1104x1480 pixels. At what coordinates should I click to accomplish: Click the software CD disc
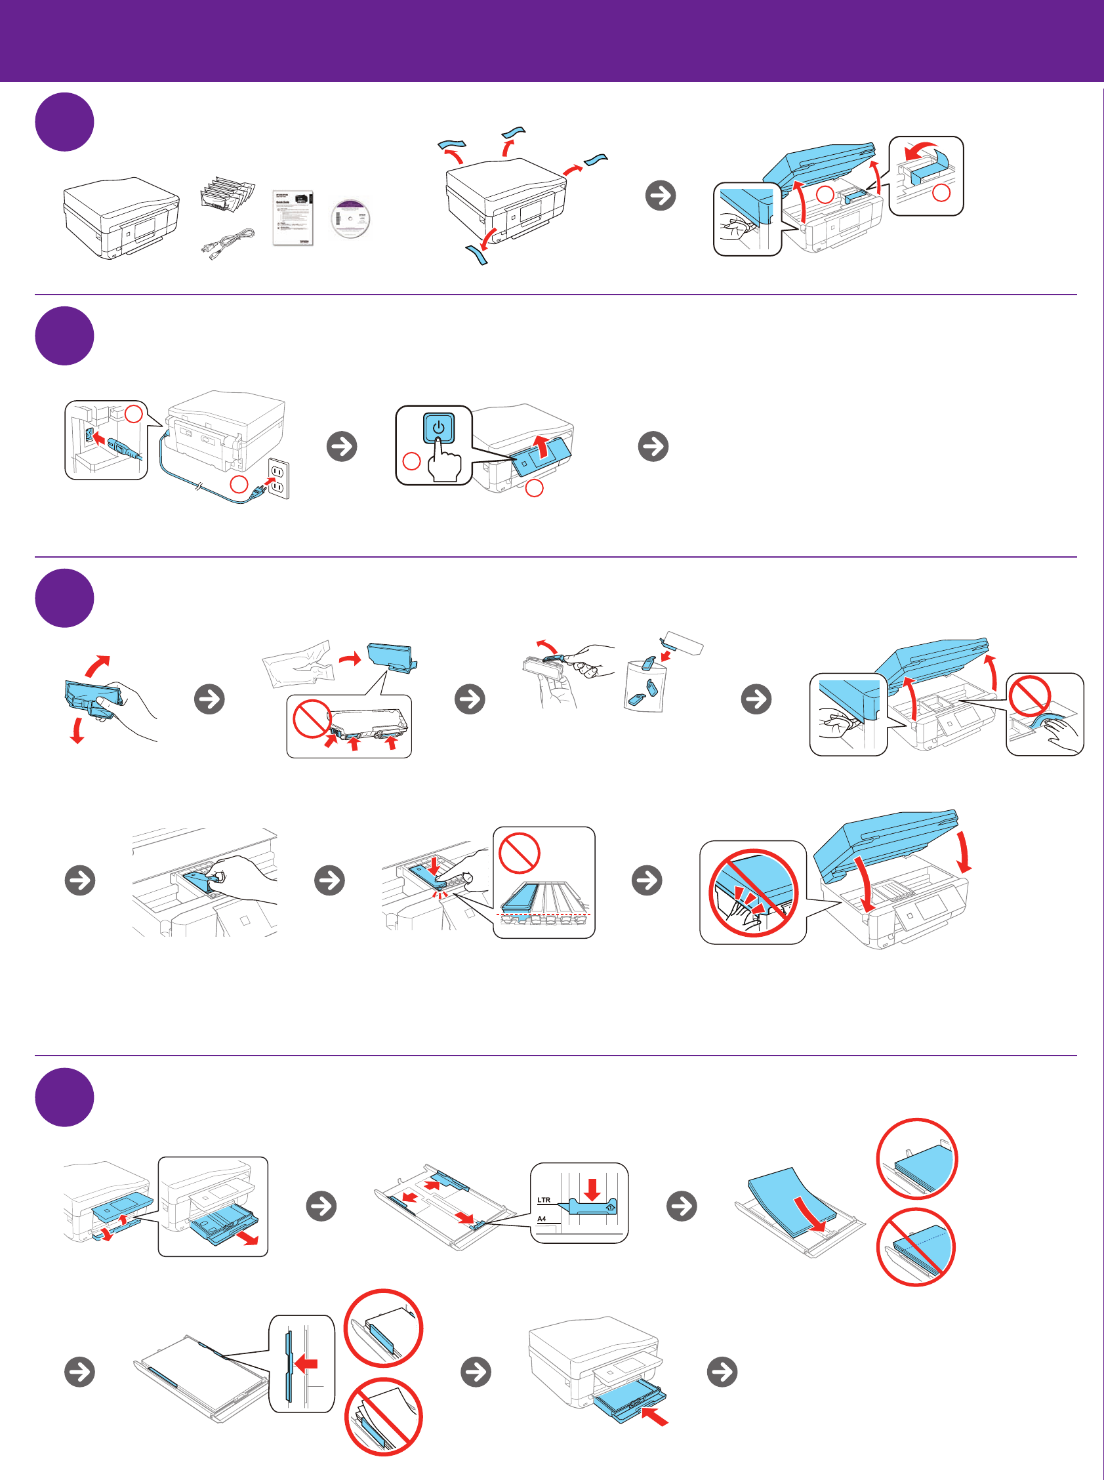click(x=350, y=218)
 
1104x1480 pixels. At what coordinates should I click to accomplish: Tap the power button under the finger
click(x=438, y=428)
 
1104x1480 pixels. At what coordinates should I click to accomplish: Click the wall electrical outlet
click(x=278, y=478)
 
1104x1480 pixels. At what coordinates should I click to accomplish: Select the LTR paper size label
click(x=544, y=1200)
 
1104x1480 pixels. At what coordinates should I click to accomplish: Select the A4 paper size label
click(x=542, y=1219)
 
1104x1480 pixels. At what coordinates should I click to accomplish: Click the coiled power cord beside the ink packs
click(x=228, y=243)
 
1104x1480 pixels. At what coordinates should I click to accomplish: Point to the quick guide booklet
click(x=293, y=218)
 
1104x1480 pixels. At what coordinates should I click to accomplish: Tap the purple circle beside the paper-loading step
click(x=64, y=1097)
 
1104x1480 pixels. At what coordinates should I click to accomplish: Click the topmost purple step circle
click(x=64, y=121)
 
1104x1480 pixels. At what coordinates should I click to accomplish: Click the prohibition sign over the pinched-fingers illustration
click(x=753, y=892)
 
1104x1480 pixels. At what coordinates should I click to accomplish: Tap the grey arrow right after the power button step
click(x=653, y=446)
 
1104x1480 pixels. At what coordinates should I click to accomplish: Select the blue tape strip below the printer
click(x=477, y=254)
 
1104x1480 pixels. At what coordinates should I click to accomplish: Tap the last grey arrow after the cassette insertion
click(x=722, y=1372)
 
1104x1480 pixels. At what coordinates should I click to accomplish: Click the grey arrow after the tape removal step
click(x=661, y=195)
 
